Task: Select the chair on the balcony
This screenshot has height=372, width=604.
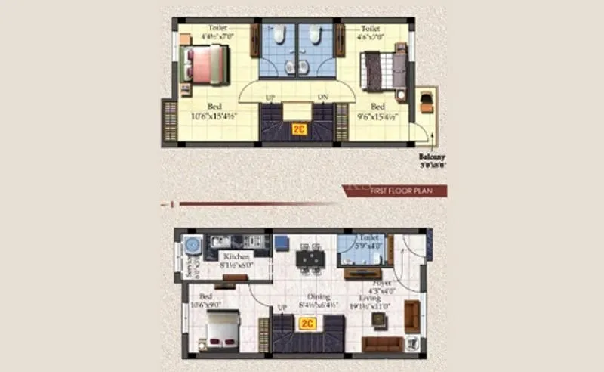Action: point(427,101)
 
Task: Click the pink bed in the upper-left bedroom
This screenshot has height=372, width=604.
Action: point(204,64)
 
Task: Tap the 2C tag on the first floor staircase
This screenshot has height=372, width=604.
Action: point(300,129)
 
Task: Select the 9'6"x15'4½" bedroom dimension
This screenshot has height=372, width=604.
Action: point(377,116)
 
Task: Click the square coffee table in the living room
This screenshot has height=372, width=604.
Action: point(379,320)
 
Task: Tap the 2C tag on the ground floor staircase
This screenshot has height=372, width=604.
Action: point(307,324)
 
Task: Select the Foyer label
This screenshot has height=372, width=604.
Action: point(382,282)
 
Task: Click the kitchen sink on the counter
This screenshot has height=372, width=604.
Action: point(218,241)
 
